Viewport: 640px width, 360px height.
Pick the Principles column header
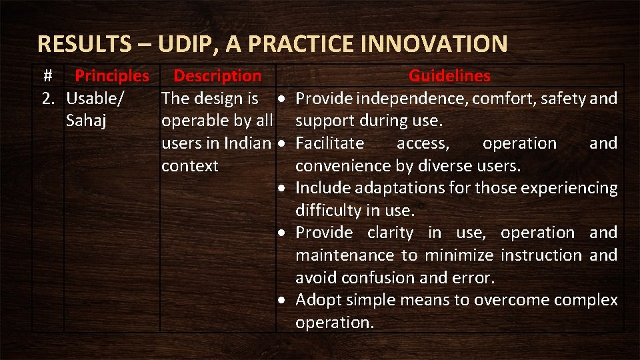(112, 76)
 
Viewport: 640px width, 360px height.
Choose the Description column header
(217, 76)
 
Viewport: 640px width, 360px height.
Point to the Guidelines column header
(449, 76)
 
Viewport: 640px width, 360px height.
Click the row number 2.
(48, 99)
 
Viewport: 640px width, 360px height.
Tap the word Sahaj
(87, 121)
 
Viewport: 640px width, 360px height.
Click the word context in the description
(190, 166)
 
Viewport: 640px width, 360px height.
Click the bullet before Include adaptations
(283, 189)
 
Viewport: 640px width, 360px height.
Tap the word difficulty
(329, 211)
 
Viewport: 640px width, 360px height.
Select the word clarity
(390, 233)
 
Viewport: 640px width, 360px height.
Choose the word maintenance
(345, 255)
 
